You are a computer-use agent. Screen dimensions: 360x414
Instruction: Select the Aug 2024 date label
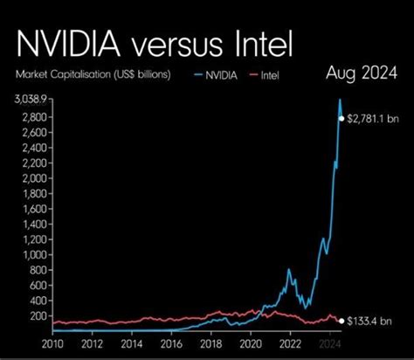click(x=355, y=73)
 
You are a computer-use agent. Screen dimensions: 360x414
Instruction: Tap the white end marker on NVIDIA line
click(x=342, y=118)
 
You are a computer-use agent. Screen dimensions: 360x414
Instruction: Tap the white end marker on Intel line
click(x=342, y=321)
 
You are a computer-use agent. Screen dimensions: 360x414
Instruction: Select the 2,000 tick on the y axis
click(x=36, y=178)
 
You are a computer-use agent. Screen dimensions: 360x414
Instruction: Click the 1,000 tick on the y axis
click(x=36, y=254)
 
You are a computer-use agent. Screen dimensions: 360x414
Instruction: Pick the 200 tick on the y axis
click(x=38, y=315)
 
